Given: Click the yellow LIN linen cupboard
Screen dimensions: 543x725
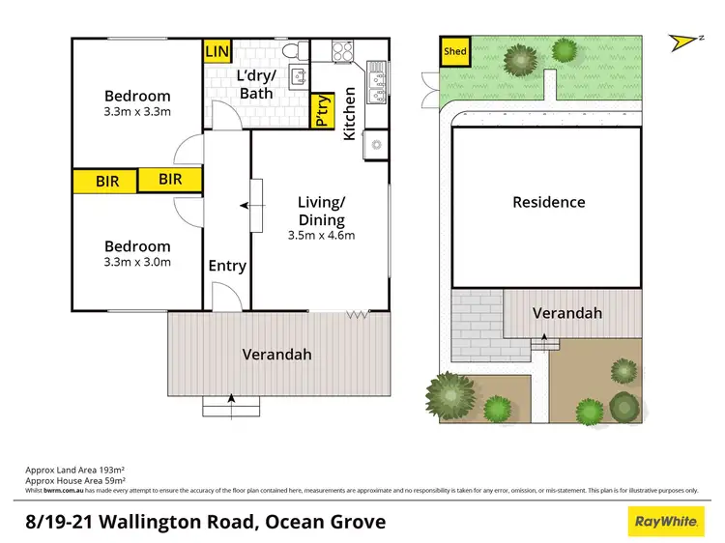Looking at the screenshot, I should [x=216, y=50].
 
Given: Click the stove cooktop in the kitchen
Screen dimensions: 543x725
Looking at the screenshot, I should [x=345, y=50].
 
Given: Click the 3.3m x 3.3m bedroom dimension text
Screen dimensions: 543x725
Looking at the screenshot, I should [x=137, y=112].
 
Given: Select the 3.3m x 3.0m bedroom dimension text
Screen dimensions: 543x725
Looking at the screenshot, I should [x=137, y=262].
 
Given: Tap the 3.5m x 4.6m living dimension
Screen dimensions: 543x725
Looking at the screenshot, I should [x=322, y=235].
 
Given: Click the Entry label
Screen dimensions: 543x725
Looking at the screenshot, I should [x=227, y=266].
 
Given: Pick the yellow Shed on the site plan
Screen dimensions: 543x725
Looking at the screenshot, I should [x=453, y=51].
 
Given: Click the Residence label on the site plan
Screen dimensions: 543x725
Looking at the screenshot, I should [x=548, y=202].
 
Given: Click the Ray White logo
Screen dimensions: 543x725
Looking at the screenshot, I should [x=665, y=523].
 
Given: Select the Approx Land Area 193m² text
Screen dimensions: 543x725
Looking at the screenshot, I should [x=75, y=470].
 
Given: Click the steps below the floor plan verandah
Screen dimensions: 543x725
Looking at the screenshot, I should [x=231, y=406].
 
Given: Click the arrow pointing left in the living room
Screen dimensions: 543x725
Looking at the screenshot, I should [x=244, y=205].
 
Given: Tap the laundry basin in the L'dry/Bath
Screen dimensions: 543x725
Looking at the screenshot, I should [x=299, y=78].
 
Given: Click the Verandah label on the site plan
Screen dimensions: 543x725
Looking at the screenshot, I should [x=568, y=313].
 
